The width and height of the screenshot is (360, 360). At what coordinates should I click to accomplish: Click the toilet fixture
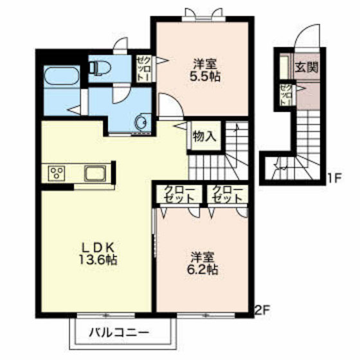coord(100,67)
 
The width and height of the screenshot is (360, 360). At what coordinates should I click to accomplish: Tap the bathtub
coord(62,76)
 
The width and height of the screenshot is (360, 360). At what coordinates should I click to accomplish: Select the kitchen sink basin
coord(95,173)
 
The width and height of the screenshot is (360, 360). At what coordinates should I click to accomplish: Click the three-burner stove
coord(57,174)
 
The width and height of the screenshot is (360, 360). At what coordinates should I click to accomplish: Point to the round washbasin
coord(140,122)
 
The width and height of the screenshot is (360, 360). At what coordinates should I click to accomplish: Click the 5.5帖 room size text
coord(205,76)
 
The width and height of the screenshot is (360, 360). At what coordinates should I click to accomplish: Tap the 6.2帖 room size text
coord(203,269)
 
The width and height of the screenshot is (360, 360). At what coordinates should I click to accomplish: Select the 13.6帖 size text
coord(98,260)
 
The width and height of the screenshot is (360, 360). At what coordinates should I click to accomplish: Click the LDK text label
coord(98,248)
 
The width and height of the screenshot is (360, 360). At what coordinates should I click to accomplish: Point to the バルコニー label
coord(119,332)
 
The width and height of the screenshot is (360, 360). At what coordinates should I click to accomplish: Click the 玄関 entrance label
coord(307,67)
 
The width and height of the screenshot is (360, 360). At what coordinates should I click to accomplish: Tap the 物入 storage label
coord(204,136)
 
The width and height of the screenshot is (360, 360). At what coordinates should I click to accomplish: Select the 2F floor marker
coord(263,310)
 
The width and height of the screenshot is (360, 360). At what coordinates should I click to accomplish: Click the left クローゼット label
coord(180,194)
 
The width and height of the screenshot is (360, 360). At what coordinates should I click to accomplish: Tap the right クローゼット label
coord(228,194)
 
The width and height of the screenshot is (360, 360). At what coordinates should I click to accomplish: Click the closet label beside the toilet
coord(144,68)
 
